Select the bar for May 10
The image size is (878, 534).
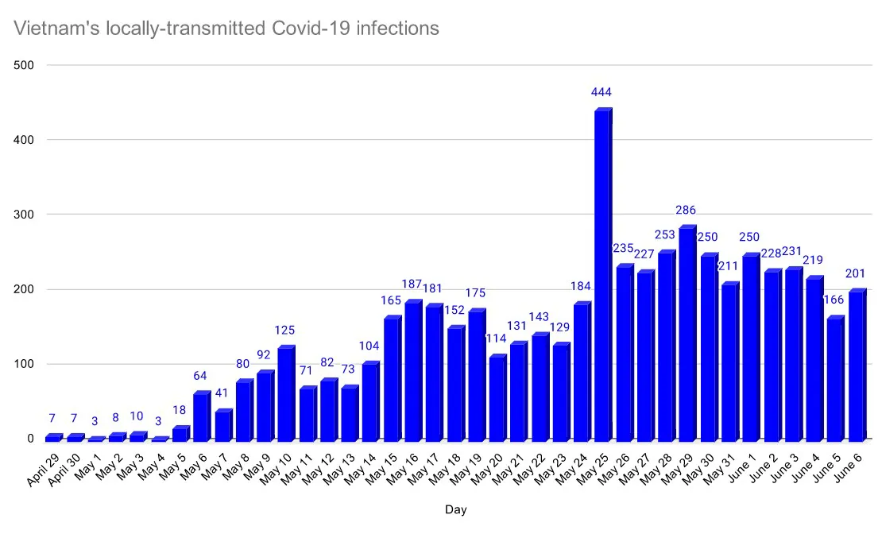[x=286, y=393]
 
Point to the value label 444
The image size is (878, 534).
[x=601, y=93]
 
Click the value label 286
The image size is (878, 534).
[x=686, y=211]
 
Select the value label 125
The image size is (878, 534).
[x=285, y=330]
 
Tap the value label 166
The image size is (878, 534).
[x=834, y=299]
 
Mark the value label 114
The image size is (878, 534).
[x=497, y=339]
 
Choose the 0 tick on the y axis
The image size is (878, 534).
[x=31, y=439]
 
